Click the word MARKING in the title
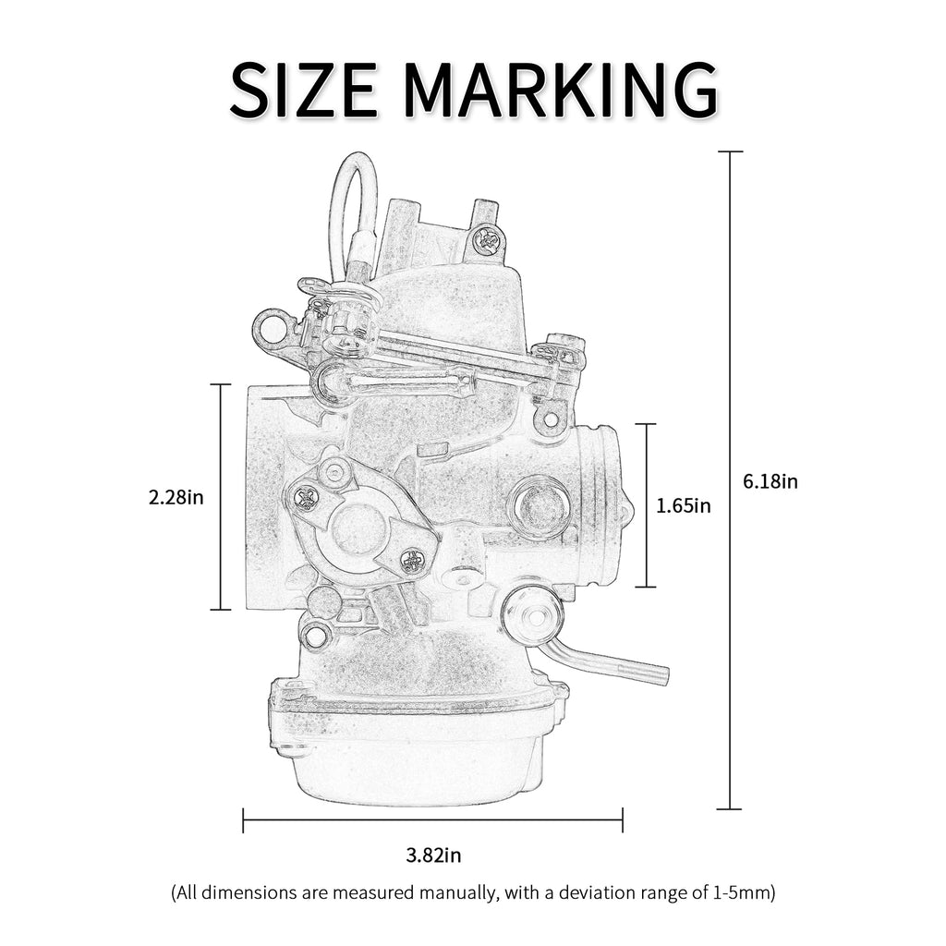(x=561, y=90)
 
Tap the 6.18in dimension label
(x=770, y=481)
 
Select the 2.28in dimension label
(x=176, y=497)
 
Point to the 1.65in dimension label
(x=684, y=505)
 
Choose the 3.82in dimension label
(x=433, y=855)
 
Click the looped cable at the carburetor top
(x=354, y=203)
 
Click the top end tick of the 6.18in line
(x=730, y=152)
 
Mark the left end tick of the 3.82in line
(x=243, y=819)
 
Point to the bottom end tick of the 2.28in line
(x=220, y=610)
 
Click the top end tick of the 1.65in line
(x=645, y=424)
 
